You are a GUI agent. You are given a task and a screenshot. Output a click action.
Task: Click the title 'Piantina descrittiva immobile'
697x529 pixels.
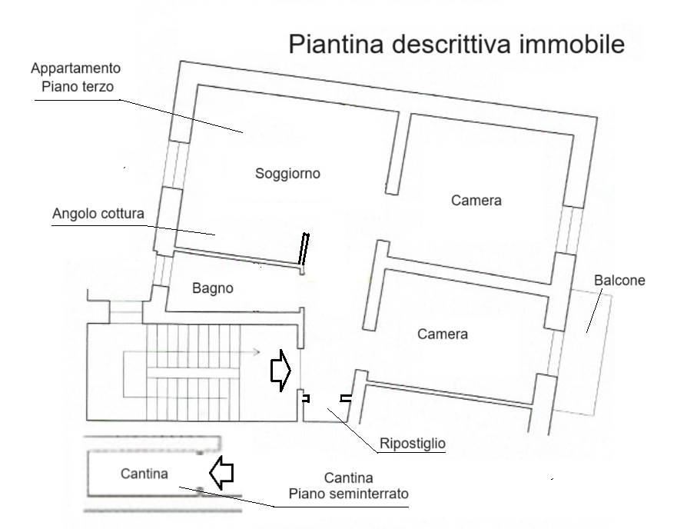456,45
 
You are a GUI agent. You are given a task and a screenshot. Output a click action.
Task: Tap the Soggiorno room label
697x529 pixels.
287,174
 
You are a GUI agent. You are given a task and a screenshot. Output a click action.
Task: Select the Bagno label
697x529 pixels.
212,288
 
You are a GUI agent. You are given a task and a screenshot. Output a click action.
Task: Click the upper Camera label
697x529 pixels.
476,201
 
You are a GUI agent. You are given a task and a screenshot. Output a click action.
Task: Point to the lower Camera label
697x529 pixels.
442,334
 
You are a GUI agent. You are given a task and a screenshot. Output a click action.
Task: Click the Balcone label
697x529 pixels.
619,281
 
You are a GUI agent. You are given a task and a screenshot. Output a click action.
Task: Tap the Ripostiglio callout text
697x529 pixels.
413,444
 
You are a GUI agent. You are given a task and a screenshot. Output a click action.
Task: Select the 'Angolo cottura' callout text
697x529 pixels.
98,214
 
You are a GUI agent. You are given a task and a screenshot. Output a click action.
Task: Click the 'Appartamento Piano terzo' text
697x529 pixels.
76,78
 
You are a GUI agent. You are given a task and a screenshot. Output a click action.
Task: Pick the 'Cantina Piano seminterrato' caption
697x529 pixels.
348,486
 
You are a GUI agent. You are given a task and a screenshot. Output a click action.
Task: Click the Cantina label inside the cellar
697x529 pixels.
144,474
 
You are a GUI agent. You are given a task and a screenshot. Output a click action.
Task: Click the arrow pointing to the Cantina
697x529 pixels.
222,473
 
